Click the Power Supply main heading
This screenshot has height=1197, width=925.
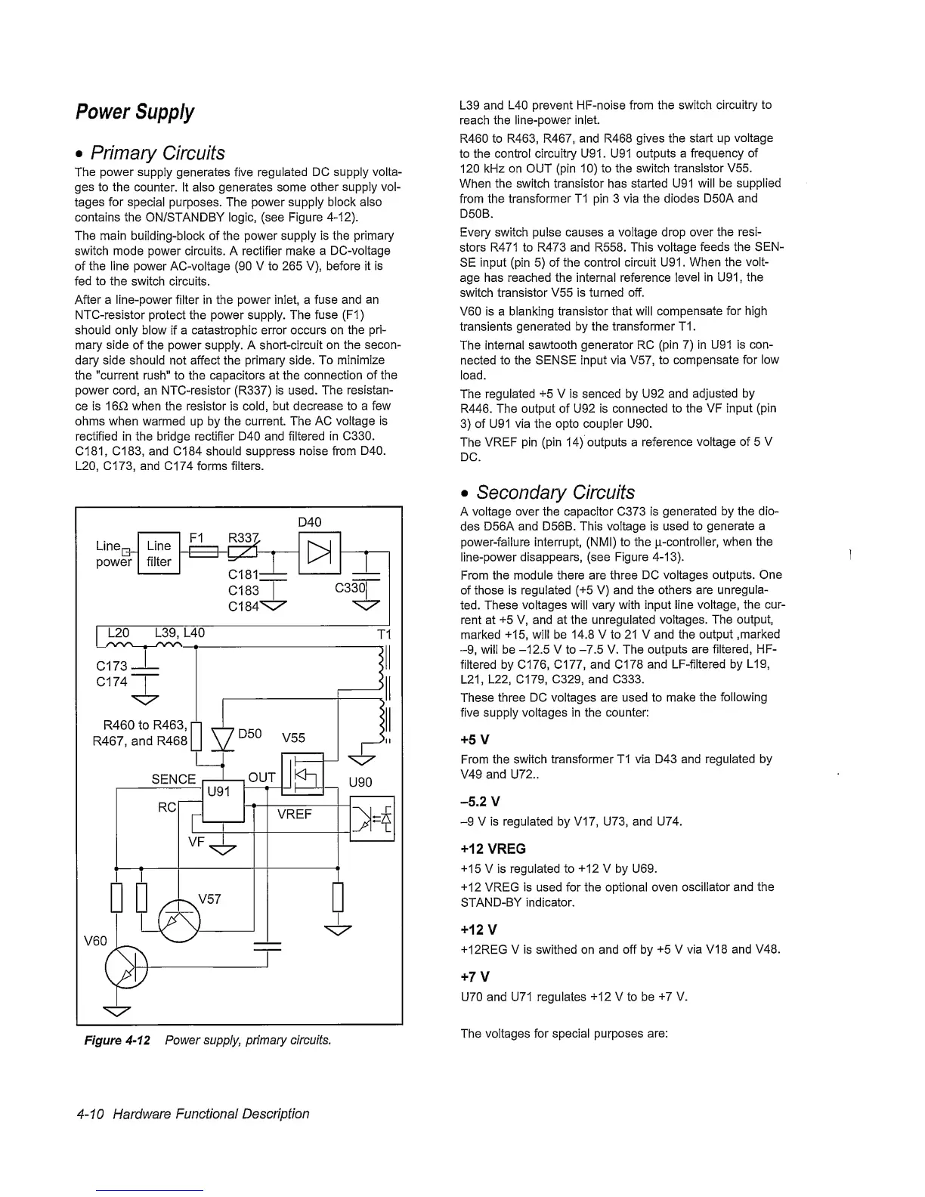point(135,113)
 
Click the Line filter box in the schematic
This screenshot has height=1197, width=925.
point(159,554)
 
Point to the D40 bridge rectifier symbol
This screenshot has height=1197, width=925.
point(320,553)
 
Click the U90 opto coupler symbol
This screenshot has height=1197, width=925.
point(373,818)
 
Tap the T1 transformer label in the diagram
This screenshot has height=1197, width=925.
point(382,633)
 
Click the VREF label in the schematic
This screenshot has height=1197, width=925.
point(295,815)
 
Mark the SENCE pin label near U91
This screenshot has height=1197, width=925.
point(174,779)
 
